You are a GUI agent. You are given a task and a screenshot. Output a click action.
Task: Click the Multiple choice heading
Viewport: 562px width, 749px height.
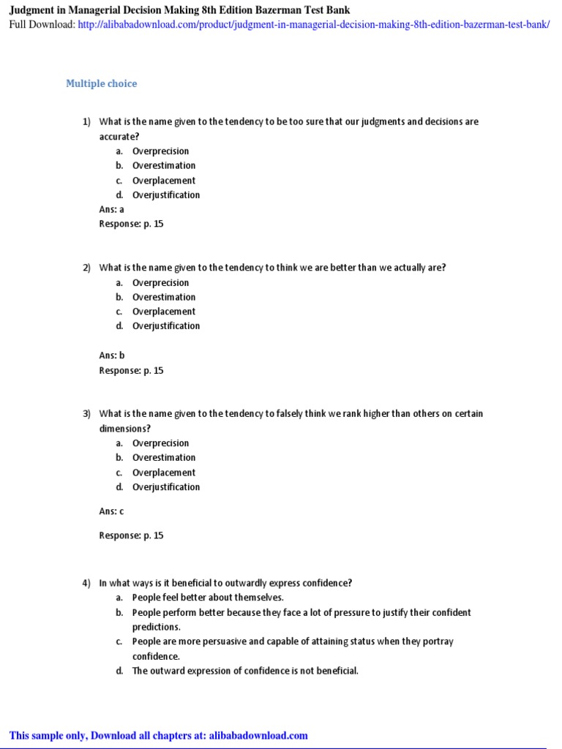pyautogui.click(x=101, y=83)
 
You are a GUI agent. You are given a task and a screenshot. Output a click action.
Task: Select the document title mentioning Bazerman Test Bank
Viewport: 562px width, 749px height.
pyautogui.click(x=179, y=10)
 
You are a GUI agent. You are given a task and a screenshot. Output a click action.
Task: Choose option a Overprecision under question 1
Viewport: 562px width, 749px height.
pyautogui.click(x=160, y=151)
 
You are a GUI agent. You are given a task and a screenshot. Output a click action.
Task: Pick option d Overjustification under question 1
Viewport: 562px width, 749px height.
pyautogui.click(x=165, y=195)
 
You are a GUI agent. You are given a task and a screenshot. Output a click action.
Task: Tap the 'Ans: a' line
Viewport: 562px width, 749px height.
pyautogui.click(x=112, y=209)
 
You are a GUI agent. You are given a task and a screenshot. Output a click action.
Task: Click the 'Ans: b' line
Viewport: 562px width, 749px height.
pyautogui.click(x=112, y=355)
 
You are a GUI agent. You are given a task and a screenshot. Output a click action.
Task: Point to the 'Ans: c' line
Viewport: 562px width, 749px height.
pyautogui.click(x=112, y=511)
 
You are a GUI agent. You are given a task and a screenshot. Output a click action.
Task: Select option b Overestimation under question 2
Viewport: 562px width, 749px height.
pyautogui.click(x=164, y=297)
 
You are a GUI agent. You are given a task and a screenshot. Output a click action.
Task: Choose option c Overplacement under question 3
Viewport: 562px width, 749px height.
pyautogui.click(x=164, y=473)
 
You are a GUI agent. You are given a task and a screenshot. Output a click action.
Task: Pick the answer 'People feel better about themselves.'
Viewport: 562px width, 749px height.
pyautogui.click(x=208, y=598)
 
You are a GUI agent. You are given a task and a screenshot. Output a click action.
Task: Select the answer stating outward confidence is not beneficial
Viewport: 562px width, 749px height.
pyautogui.click(x=245, y=671)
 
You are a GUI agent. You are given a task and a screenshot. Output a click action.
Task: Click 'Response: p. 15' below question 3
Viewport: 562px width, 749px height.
pyautogui.click(x=131, y=535)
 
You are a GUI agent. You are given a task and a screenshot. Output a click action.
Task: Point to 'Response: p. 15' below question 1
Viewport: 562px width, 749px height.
pyautogui.click(x=131, y=224)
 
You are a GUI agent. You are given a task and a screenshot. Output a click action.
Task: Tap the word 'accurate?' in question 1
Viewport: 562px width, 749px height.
pyautogui.click(x=119, y=137)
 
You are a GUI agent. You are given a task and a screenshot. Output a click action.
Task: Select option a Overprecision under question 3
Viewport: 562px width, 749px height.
pyautogui.click(x=160, y=443)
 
